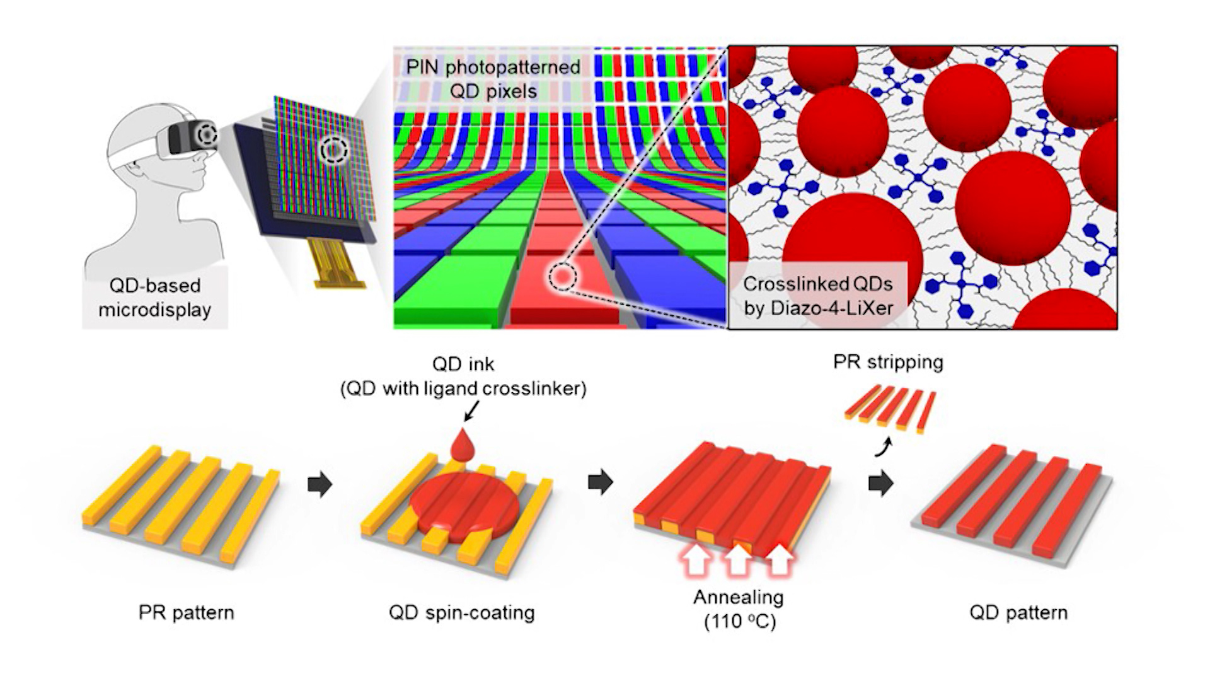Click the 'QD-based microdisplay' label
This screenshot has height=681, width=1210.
tap(154, 298)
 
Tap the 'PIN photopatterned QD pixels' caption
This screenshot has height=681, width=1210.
tap(493, 79)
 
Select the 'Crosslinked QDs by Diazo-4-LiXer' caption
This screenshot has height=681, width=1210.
tap(818, 296)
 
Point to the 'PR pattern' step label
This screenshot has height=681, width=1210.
tap(186, 612)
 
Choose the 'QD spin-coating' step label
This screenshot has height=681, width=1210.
tap(461, 612)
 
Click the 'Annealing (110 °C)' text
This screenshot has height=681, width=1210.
tap(739, 609)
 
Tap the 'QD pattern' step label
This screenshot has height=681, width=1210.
tap(1018, 612)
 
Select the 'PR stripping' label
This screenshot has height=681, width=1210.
tap(887, 362)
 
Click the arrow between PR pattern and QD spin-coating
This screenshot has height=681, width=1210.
tap(320, 484)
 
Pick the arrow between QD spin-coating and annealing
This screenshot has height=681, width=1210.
tap(600, 482)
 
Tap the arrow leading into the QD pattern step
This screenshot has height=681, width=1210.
tap(880, 483)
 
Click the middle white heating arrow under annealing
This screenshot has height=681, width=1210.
tap(738, 561)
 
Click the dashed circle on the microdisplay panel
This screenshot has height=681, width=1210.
tap(333, 150)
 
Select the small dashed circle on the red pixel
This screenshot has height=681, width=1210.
tap(562, 277)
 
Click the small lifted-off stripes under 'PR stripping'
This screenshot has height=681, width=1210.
tap(890, 409)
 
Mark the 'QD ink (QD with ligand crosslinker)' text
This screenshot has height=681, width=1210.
tap(463, 376)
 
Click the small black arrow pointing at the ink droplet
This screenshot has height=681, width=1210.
tap(471, 411)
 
